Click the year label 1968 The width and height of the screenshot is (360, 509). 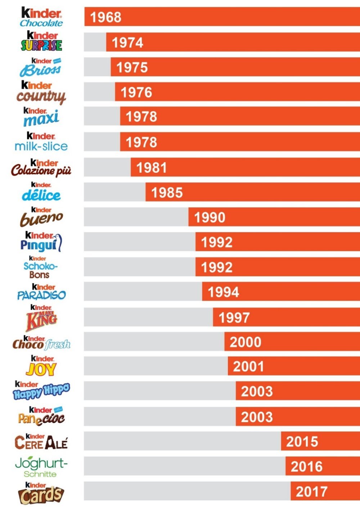tap(105, 17)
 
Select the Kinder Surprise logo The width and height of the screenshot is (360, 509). tap(41, 41)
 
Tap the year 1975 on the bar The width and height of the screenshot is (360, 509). tap(132, 67)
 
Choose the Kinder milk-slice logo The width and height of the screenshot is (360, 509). tap(41, 142)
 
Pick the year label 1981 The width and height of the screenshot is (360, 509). tap(152, 168)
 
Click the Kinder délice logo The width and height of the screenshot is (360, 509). tap(41, 192)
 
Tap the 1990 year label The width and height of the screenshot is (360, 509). tap(210, 217)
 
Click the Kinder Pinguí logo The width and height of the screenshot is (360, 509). tap(41, 242)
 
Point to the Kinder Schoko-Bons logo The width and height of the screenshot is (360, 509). tap(40, 267)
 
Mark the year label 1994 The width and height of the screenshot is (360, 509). tap(223, 292)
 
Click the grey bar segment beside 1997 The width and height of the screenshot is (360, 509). tap(148, 317)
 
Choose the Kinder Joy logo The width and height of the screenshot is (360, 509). tap(41, 366)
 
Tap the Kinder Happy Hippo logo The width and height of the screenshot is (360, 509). tap(41, 391)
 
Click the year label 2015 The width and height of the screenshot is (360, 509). tap(302, 442)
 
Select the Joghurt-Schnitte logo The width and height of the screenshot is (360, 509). tap(41, 467)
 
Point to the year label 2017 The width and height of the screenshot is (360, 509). tap(311, 491)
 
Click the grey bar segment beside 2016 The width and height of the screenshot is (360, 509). tap(184, 466)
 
